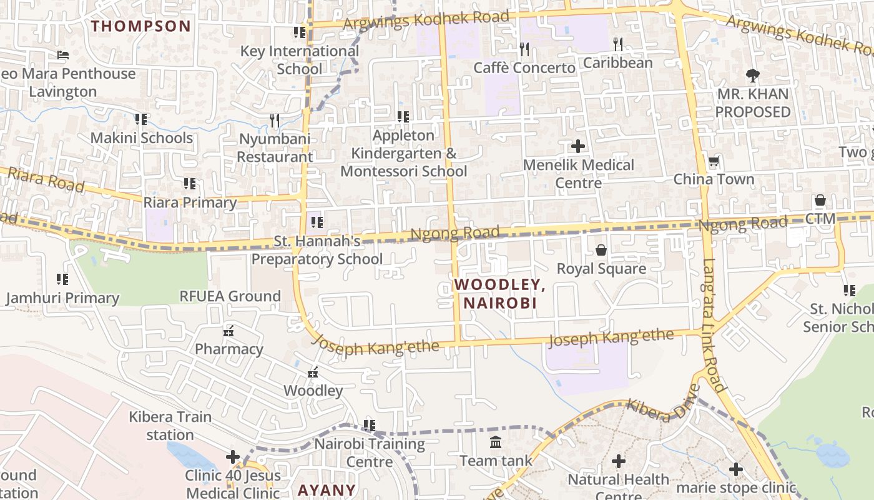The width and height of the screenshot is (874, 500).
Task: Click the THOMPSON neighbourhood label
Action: click(x=141, y=26)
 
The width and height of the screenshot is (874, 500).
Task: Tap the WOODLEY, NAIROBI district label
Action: click(x=499, y=294)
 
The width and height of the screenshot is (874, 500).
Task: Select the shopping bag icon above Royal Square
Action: click(x=601, y=251)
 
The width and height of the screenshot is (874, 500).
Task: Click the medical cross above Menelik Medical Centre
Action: click(x=578, y=146)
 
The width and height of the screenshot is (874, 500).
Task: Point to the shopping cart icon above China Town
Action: click(x=714, y=161)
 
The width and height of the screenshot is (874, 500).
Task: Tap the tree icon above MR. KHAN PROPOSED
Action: click(x=753, y=76)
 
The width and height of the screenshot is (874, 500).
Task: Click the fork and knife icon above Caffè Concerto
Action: click(x=524, y=49)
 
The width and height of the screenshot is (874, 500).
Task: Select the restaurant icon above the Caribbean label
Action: click(x=618, y=44)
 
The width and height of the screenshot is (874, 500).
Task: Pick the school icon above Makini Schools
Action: click(x=141, y=119)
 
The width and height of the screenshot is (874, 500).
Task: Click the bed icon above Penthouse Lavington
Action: click(x=63, y=55)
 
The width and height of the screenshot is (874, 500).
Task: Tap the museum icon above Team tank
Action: click(x=496, y=442)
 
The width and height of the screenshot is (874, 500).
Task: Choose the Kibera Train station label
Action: click(x=170, y=426)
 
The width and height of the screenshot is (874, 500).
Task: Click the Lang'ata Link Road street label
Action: click(x=714, y=325)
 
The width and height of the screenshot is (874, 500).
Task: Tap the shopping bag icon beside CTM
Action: click(x=820, y=200)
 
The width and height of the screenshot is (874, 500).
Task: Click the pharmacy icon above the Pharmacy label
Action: click(x=229, y=330)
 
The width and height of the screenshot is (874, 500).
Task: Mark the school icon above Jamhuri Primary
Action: click(x=62, y=279)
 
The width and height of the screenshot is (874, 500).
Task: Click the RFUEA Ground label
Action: click(x=230, y=296)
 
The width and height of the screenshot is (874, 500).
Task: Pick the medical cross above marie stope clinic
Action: click(x=736, y=469)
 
